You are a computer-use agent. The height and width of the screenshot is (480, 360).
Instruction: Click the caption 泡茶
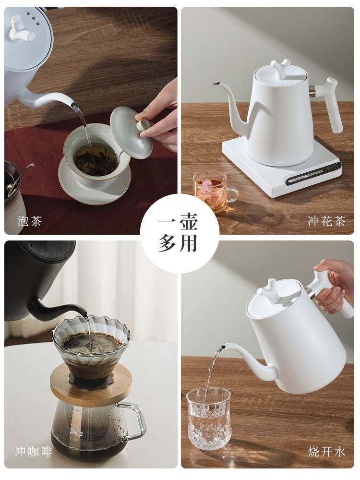(x=29, y=221)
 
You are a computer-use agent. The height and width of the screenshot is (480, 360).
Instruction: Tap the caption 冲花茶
(x=326, y=221)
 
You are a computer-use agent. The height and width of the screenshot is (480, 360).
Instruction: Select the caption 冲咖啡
(x=34, y=452)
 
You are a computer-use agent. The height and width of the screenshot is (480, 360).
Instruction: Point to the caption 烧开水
(x=326, y=452)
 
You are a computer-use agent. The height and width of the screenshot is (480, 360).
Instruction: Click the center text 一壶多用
(x=178, y=233)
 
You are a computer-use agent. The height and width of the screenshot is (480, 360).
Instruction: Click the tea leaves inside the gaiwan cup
(x=96, y=161)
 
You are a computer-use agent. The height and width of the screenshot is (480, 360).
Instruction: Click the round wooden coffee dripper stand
(x=91, y=384)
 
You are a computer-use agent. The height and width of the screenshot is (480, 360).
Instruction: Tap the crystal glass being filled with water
(x=208, y=418)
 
